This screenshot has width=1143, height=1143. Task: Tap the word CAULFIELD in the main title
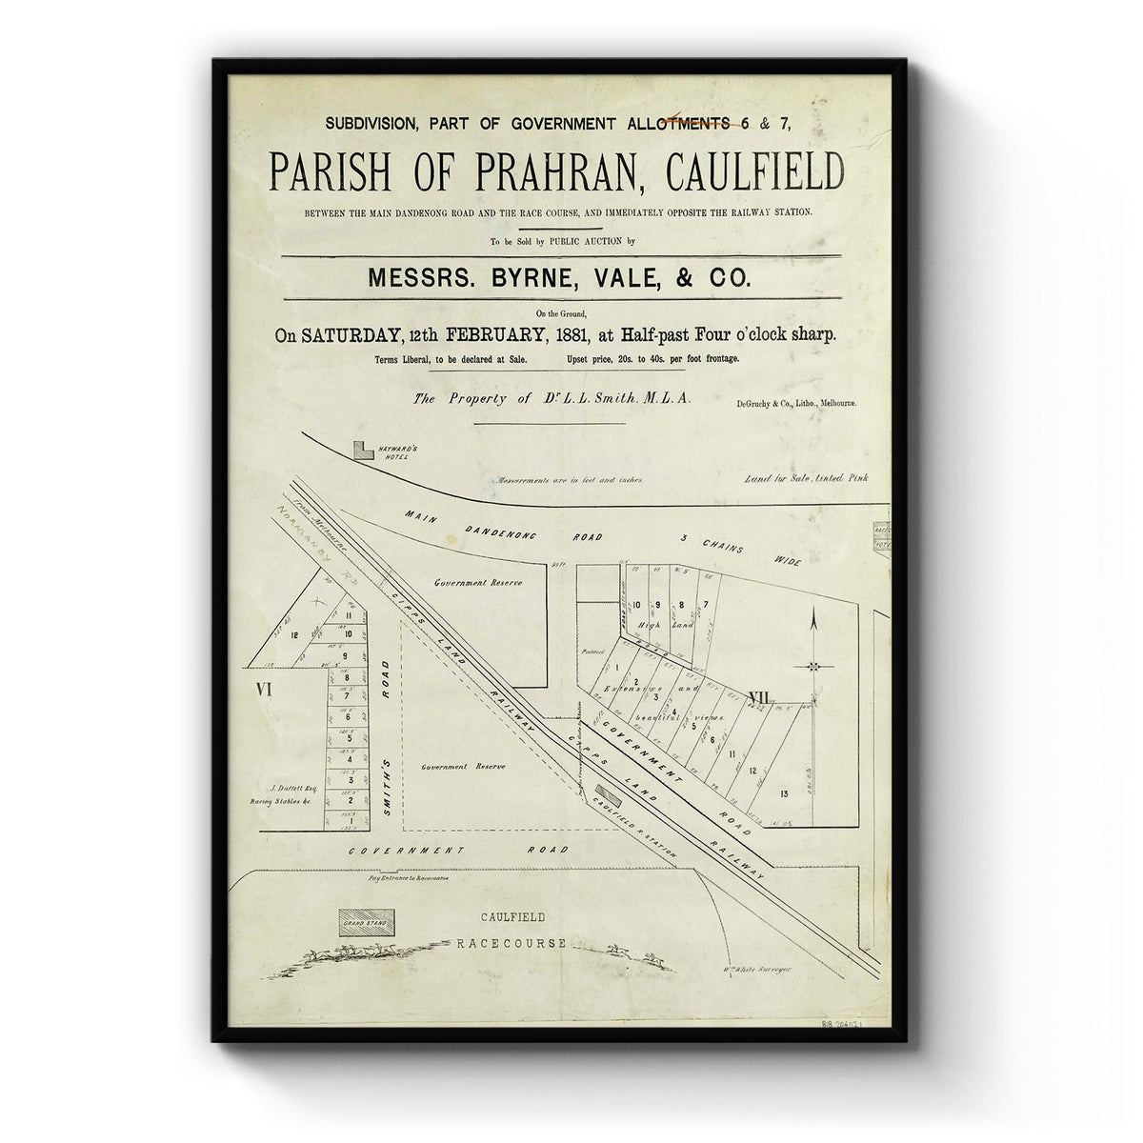[744, 171]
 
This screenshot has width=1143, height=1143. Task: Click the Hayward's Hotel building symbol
[362, 449]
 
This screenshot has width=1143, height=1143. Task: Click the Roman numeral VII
[758, 697]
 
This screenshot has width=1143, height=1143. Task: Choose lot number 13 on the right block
[784, 792]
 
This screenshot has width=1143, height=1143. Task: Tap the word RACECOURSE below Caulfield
[511, 944]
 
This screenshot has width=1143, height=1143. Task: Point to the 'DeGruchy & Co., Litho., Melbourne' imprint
[796, 404]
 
